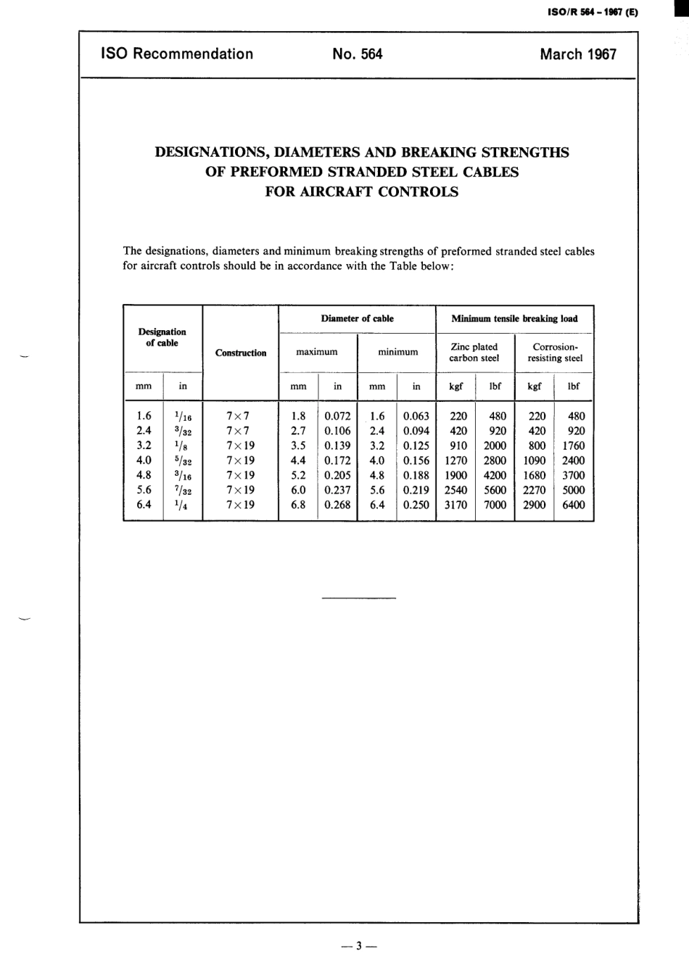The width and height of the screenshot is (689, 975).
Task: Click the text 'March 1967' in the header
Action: click(x=577, y=54)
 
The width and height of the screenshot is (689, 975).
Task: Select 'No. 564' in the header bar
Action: click(x=357, y=54)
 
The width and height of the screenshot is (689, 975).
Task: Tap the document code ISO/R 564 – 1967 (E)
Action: click(x=588, y=12)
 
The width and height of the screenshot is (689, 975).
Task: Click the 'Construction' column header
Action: click(x=241, y=353)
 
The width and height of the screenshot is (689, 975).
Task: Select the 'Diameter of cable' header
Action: click(x=357, y=318)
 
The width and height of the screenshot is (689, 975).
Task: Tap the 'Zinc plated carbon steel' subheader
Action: click(x=474, y=353)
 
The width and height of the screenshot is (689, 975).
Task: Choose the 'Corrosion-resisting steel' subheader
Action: click(x=555, y=353)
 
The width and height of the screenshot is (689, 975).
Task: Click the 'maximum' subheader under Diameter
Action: click(x=317, y=352)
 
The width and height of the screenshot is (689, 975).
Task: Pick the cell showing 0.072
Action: click(x=337, y=416)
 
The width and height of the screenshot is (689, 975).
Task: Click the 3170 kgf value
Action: click(x=455, y=505)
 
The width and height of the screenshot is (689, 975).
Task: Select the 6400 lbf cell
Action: click(x=573, y=505)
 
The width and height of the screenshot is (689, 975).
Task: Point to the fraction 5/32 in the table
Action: click(x=183, y=461)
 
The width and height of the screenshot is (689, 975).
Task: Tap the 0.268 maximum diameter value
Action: click(x=337, y=505)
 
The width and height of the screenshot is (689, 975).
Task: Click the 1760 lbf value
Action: click(x=573, y=446)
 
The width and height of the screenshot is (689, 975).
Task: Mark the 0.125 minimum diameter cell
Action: click(x=416, y=446)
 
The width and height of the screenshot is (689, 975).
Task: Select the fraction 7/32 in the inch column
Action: click(x=183, y=490)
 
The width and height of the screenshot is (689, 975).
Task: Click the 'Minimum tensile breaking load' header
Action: click(x=514, y=318)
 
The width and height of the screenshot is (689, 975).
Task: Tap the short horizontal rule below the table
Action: click(x=358, y=598)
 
